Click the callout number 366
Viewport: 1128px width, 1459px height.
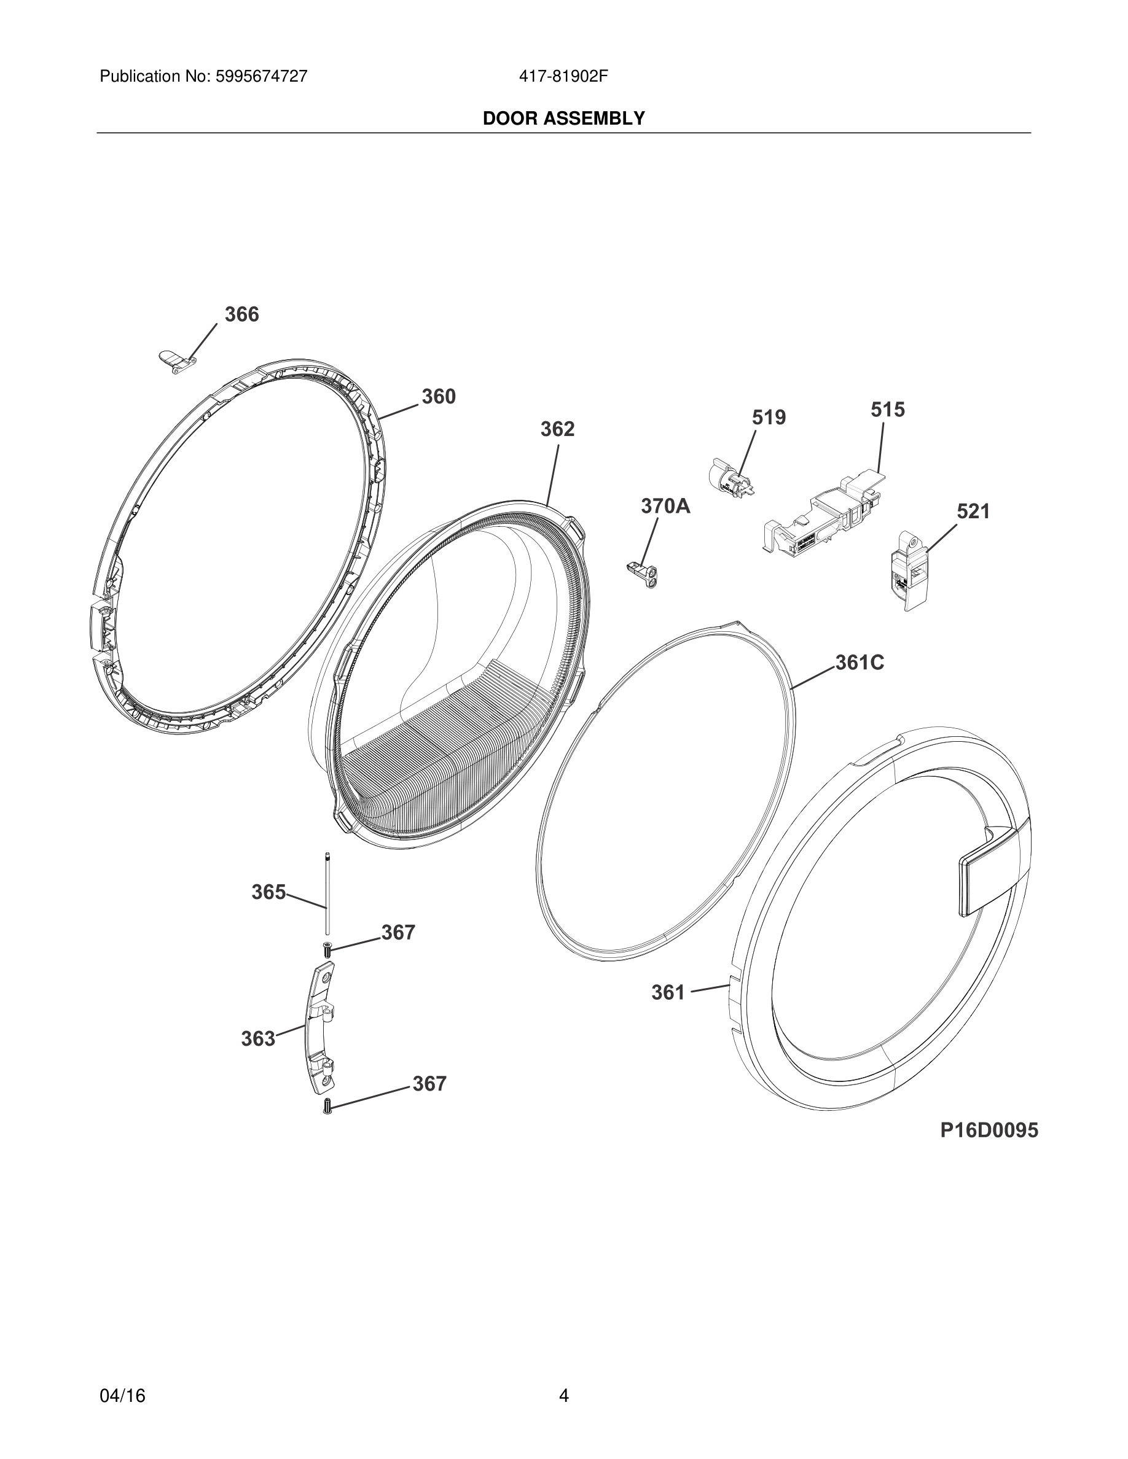pos(241,314)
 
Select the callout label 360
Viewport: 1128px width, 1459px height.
pos(439,397)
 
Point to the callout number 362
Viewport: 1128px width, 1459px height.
pos(557,429)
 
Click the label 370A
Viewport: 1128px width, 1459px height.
pos(665,507)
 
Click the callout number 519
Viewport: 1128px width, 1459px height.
pos(769,418)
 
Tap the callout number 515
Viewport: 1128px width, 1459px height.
pos(887,410)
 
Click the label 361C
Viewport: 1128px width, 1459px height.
pos(860,663)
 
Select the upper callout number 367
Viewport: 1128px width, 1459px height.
pos(398,933)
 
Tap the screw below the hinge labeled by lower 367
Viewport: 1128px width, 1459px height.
pos(327,1107)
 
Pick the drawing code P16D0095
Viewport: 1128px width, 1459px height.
pos(989,1130)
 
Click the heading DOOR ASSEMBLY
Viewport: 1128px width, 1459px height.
pos(563,119)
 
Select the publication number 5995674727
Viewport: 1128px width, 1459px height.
pos(261,76)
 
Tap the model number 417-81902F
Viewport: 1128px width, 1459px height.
pos(563,76)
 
